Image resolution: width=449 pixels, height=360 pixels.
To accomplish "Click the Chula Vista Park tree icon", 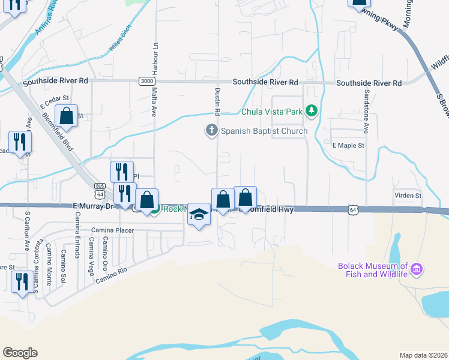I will click(x=311, y=111).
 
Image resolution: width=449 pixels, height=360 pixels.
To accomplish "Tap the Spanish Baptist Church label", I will click(x=264, y=131).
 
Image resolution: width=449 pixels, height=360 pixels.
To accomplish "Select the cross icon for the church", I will click(x=211, y=130).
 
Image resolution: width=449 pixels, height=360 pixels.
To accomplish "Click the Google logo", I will click(x=20, y=353).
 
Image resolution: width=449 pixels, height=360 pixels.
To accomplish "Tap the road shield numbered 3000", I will click(x=146, y=81).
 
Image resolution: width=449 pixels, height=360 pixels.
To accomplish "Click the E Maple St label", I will click(x=348, y=146).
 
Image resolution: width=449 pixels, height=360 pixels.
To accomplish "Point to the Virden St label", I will click(x=408, y=196).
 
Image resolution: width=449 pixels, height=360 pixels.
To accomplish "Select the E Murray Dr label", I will click(x=93, y=206).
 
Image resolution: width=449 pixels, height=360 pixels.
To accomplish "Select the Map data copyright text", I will click(x=423, y=355).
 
